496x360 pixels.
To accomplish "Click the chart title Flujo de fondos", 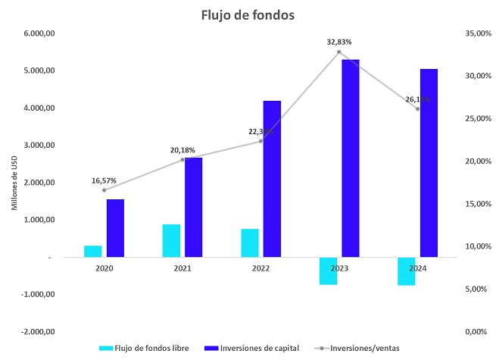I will click(248, 14).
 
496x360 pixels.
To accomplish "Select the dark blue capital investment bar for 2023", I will click(351, 158).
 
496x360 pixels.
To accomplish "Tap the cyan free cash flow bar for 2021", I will click(171, 240).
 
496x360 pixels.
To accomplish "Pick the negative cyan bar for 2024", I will click(407, 271).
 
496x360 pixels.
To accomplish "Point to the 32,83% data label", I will click(339, 42).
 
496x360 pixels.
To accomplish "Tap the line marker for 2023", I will click(338, 52).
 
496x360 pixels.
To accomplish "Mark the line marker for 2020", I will click(104, 189).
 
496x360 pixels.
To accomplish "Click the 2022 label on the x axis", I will click(260, 268).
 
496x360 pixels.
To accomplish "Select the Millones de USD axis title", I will click(13, 182).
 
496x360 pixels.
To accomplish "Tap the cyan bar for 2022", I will click(250, 243).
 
